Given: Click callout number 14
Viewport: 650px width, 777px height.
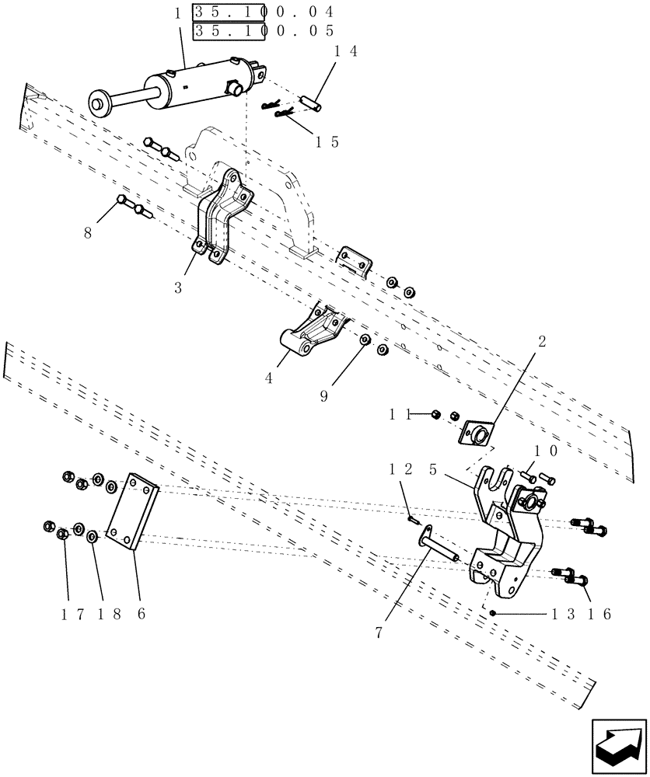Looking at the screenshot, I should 345,51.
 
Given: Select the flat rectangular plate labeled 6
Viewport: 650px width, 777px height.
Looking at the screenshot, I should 132,513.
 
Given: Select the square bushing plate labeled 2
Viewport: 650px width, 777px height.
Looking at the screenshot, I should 475,434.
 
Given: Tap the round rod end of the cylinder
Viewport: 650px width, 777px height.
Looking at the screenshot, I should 100,103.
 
